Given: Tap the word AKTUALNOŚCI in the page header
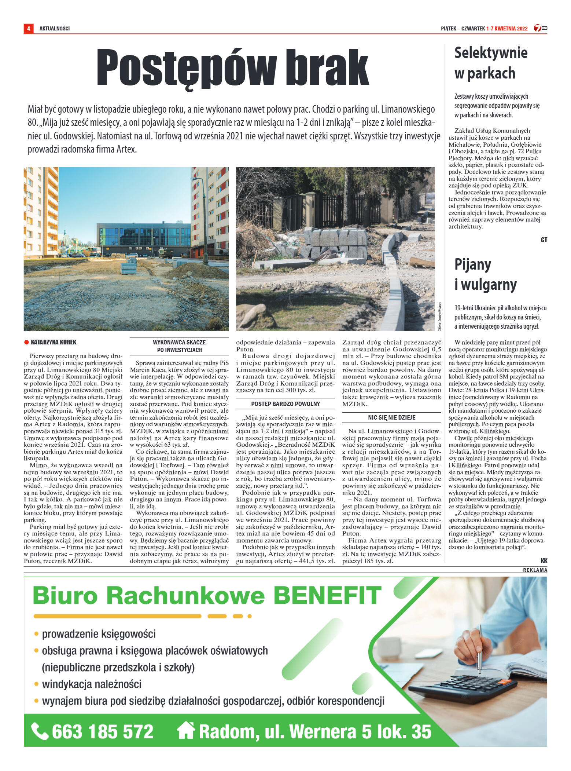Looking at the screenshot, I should [x=55, y=29].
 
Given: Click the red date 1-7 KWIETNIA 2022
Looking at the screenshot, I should [x=507, y=29].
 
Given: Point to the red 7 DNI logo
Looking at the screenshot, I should [x=540, y=28].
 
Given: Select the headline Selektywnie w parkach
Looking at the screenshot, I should [x=490, y=63].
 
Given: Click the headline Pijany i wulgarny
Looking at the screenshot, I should [x=485, y=274].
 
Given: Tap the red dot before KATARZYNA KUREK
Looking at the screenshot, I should [x=26, y=342].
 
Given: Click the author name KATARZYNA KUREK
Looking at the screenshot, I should [x=54, y=342].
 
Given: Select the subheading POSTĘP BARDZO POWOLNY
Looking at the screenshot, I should [x=285, y=404].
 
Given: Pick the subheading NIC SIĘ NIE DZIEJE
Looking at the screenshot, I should [x=391, y=417].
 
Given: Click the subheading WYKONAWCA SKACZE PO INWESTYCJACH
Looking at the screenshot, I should [x=179, y=346].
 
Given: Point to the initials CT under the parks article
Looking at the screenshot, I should [x=544, y=240].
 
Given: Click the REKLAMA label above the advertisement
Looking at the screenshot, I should [x=535, y=570].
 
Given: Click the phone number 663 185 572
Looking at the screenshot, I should [x=103, y=731].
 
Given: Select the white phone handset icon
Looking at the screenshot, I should [x=40, y=731].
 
